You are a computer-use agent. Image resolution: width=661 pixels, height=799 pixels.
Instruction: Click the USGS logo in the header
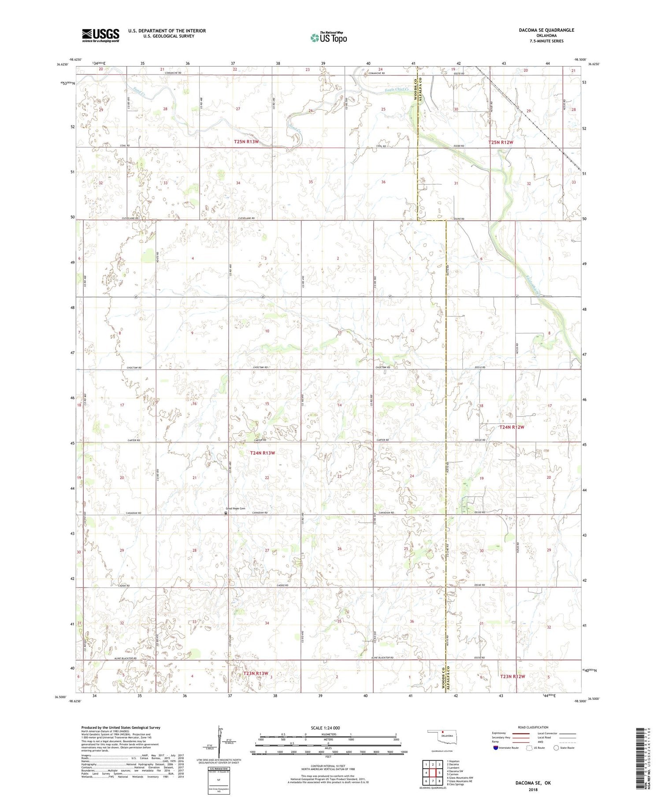(x=100, y=35)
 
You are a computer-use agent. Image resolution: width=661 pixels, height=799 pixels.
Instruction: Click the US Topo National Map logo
(x=328, y=38)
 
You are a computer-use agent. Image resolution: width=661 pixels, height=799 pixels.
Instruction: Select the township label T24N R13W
(x=262, y=453)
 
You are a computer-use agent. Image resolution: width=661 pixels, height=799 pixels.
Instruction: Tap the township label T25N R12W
(x=501, y=142)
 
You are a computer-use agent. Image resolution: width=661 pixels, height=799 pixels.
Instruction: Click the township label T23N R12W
(x=512, y=676)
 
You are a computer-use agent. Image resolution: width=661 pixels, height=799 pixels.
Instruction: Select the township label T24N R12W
(x=512, y=427)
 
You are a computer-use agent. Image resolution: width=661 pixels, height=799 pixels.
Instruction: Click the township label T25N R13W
(x=246, y=142)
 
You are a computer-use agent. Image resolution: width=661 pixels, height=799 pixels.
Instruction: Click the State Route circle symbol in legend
(x=556, y=747)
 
